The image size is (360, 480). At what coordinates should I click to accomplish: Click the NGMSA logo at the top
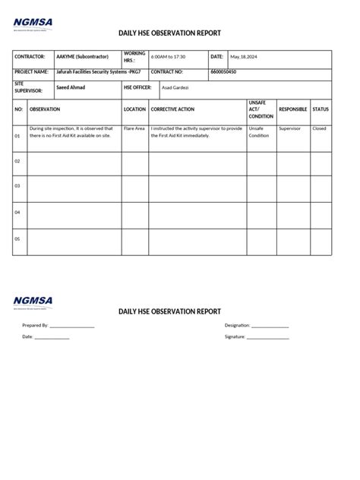click(x=33, y=24)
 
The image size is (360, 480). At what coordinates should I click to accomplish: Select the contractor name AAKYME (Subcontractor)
click(x=82, y=57)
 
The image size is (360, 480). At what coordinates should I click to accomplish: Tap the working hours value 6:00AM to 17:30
click(x=168, y=57)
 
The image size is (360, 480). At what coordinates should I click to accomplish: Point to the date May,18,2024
click(x=245, y=57)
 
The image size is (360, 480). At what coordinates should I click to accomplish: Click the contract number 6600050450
click(x=223, y=71)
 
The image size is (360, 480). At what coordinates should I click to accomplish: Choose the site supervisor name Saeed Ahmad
click(x=71, y=87)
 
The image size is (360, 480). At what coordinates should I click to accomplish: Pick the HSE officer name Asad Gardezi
click(x=175, y=88)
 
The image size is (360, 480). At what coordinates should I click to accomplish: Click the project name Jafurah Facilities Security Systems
click(x=98, y=71)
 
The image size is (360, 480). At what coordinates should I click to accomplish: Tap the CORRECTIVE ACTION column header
click(x=172, y=109)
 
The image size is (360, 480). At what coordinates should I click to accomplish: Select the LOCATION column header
click(x=134, y=109)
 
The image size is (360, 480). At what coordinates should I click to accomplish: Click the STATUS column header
click(x=321, y=109)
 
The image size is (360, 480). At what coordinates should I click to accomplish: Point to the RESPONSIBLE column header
click(x=293, y=109)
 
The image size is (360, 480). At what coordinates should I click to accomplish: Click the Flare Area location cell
click(x=134, y=129)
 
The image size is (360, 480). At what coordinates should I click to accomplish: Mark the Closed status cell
click(x=319, y=129)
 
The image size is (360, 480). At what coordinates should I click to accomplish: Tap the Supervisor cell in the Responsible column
click(x=290, y=129)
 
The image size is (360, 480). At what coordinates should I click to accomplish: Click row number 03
click(x=17, y=186)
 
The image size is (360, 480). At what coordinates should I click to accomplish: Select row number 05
click(x=17, y=238)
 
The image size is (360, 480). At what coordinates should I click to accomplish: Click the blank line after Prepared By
click(x=72, y=327)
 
